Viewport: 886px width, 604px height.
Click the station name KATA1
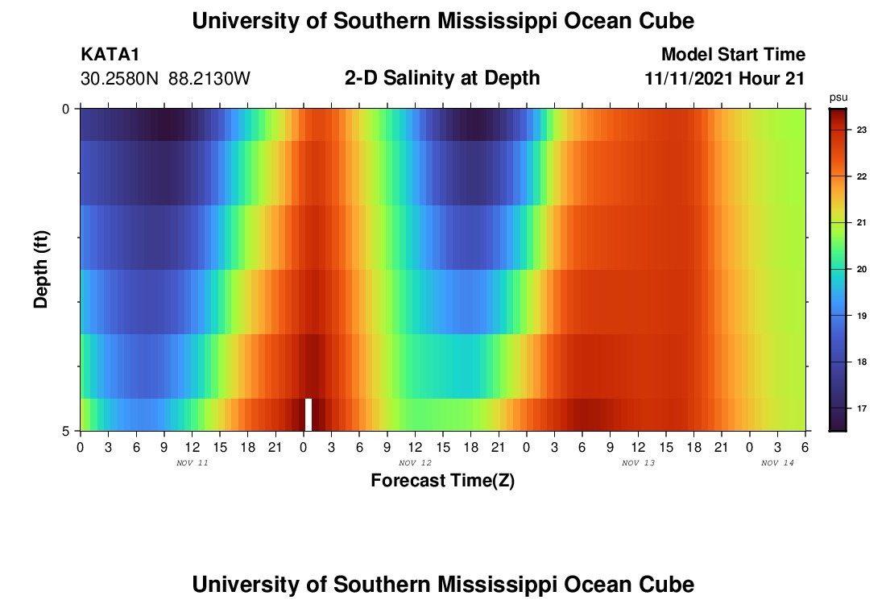(x=110, y=55)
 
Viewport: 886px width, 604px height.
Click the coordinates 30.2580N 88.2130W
(x=165, y=79)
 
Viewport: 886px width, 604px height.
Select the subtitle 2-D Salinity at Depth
(x=442, y=78)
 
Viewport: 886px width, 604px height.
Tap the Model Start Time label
(x=733, y=55)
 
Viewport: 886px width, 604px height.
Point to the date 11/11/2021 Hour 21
(x=725, y=79)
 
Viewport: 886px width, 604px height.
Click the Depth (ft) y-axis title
(x=42, y=269)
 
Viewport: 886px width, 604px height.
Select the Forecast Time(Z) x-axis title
(x=442, y=481)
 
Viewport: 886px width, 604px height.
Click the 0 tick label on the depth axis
(x=67, y=109)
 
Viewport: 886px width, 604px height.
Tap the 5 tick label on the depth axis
(x=67, y=431)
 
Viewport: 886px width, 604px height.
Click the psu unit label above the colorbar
(x=838, y=97)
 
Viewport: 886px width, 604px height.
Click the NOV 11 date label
(x=192, y=463)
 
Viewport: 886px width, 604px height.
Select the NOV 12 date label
(x=416, y=463)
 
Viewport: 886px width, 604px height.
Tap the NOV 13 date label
(x=639, y=463)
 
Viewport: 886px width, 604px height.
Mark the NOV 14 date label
(x=777, y=463)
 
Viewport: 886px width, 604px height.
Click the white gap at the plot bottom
(x=308, y=414)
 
